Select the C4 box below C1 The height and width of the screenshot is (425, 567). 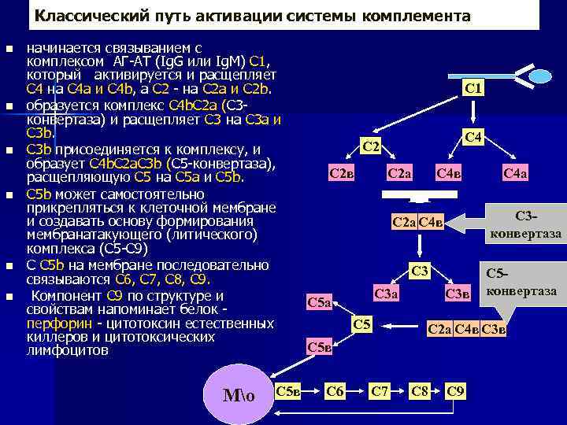pos(473,138)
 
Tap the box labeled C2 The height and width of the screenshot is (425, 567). pos(371,147)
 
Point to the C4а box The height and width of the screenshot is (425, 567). pos(516,173)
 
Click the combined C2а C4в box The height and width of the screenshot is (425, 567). pos(417,223)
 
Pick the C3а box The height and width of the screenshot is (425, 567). pos(386,294)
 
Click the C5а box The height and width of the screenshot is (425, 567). pos(320,301)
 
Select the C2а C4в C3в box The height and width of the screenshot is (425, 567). pos(467,328)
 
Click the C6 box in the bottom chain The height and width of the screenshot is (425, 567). pos(335,390)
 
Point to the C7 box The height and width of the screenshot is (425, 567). pos(380,390)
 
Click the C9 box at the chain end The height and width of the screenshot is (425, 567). pos(456,390)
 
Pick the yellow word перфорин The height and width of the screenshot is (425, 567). pos(52,323)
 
